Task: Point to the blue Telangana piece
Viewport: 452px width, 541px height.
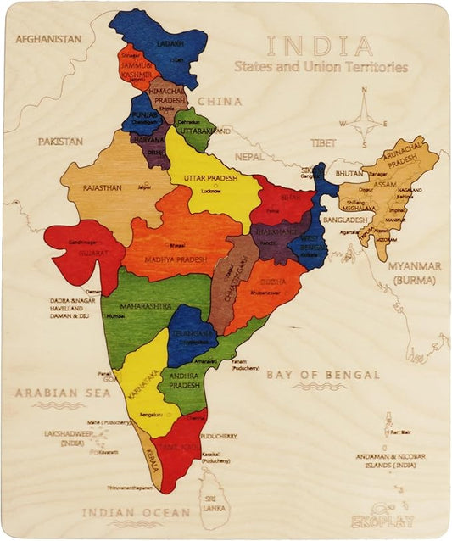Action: pyautogui.click(x=191, y=326)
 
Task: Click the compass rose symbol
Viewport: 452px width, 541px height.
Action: pyautogui.click(x=365, y=123)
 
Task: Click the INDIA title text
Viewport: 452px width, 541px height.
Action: pyautogui.click(x=320, y=46)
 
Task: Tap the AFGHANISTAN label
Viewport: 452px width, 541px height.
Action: pyautogui.click(x=48, y=39)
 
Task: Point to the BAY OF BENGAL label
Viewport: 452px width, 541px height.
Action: pyautogui.click(x=323, y=374)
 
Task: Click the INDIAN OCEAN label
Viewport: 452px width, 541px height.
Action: pyautogui.click(x=136, y=512)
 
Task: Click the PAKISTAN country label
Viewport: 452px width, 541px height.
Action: pyautogui.click(x=59, y=142)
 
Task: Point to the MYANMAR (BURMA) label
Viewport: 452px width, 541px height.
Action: pyautogui.click(x=415, y=272)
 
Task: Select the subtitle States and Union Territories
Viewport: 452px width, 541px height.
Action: pyautogui.click(x=321, y=67)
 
